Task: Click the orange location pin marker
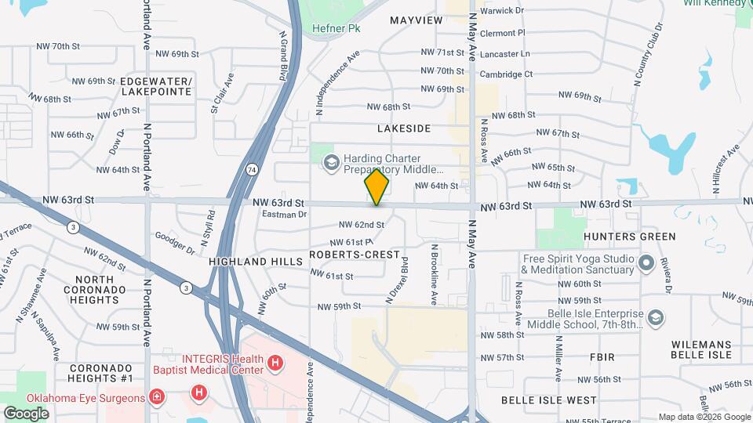pyautogui.click(x=376, y=186)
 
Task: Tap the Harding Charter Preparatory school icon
pyautogui.click(x=331, y=162)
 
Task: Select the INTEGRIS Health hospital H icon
pyautogui.click(x=275, y=363)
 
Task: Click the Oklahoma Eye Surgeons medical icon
pyautogui.click(x=157, y=397)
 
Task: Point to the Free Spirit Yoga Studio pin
pyautogui.click(x=647, y=262)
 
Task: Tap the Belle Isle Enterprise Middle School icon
pyautogui.click(x=656, y=318)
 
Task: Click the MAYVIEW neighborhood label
pyautogui.click(x=416, y=20)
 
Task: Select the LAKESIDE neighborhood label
pyautogui.click(x=404, y=128)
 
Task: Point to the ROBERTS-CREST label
pyautogui.click(x=355, y=256)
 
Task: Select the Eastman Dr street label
pyautogui.click(x=284, y=214)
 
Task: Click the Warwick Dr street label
pyautogui.click(x=502, y=11)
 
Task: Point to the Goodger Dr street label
pyautogui.click(x=174, y=242)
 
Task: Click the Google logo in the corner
pyautogui.click(x=26, y=413)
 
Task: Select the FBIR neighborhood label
pyautogui.click(x=602, y=357)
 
